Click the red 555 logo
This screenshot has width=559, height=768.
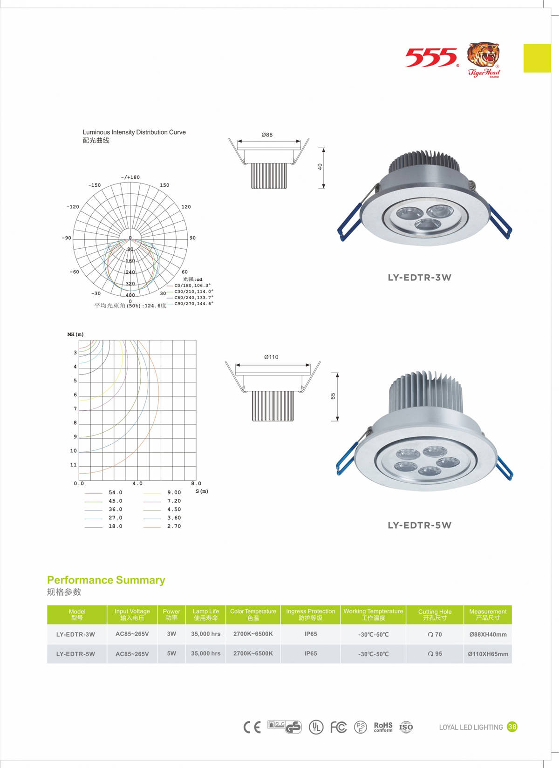click(x=431, y=57)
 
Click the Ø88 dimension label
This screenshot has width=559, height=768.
click(x=267, y=135)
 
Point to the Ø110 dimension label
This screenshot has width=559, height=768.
click(x=271, y=357)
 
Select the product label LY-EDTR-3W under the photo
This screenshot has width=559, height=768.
click(x=419, y=278)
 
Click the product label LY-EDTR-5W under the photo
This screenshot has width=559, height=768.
click(x=419, y=525)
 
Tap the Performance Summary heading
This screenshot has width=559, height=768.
click(x=106, y=580)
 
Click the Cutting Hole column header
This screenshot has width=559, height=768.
click(x=435, y=614)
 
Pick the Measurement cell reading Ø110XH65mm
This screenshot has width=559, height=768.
click(x=488, y=654)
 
